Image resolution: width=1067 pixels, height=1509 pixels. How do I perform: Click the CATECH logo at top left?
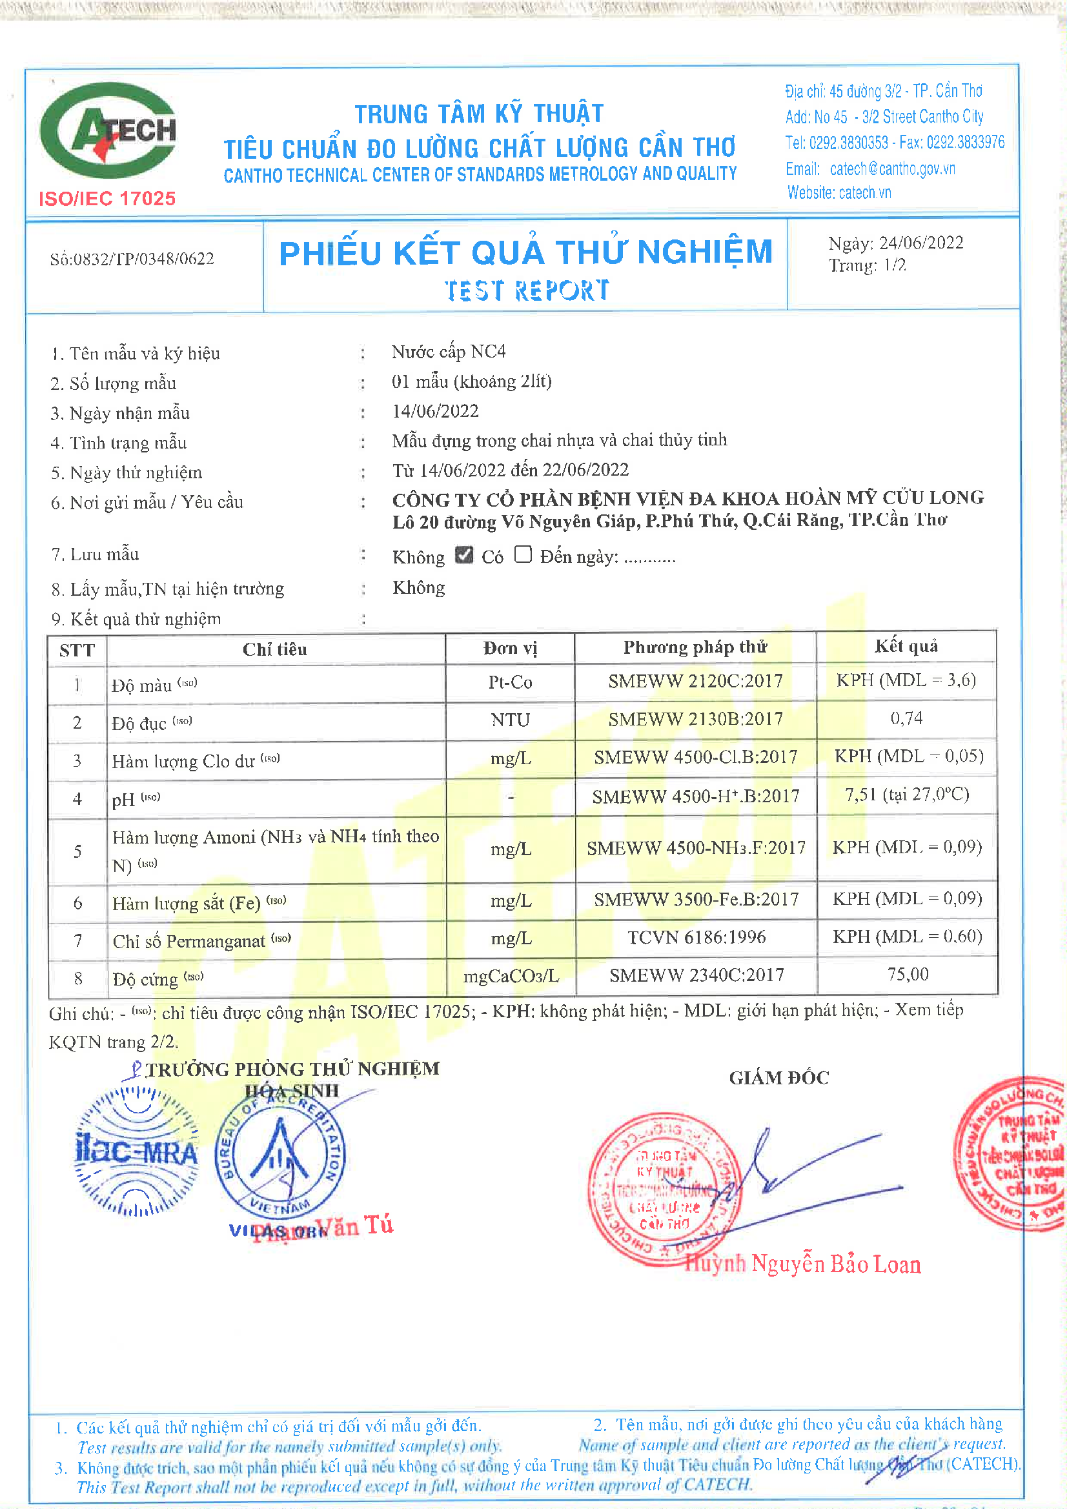[x=108, y=130]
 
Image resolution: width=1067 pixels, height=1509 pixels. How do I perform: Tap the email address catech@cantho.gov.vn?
[x=892, y=169]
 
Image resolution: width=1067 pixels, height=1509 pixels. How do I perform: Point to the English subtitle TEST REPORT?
[x=527, y=290]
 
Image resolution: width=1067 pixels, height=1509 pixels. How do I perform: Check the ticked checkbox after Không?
[x=464, y=555]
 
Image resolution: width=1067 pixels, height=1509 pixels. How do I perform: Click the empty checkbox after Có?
[x=523, y=554]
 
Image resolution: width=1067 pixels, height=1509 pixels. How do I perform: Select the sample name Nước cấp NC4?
[x=449, y=352]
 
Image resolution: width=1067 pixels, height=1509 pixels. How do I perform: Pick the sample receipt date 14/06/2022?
[x=435, y=411]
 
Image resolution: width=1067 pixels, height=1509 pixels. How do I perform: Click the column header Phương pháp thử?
[x=695, y=648]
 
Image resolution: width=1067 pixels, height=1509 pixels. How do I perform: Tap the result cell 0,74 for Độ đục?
[x=906, y=718]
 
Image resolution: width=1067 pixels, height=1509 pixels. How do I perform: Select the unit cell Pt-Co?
[x=510, y=682]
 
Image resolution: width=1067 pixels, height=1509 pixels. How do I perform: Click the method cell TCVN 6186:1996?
[x=696, y=937]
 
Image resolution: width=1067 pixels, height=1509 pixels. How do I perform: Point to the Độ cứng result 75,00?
[x=908, y=974]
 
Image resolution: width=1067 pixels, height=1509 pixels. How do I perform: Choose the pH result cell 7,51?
[x=906, y=795]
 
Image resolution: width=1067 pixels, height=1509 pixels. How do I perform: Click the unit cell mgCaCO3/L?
[x=511, y=977]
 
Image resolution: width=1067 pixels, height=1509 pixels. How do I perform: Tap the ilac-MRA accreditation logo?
[x=137, y=1151]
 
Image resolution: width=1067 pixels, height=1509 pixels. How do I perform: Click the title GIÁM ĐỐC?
[x=779, y=1078]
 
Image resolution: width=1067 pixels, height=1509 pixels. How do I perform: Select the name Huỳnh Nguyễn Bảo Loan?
[x=803, y=1264]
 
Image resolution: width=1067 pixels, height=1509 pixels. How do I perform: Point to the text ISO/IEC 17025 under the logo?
[x=107, y=199]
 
